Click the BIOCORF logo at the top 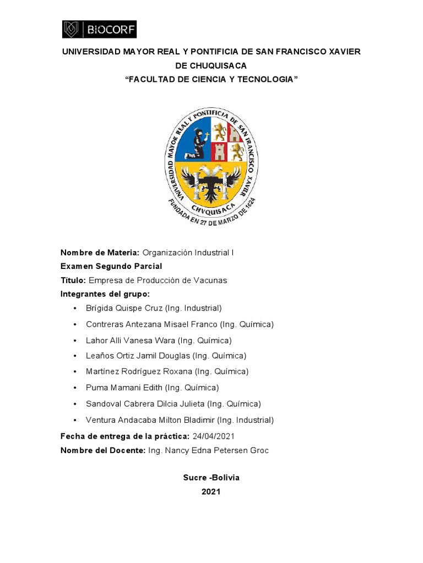(99, 29)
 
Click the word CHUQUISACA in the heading (211, 65)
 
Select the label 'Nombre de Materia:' (100, 252)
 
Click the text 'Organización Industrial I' (188, 252)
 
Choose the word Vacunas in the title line (212, 280)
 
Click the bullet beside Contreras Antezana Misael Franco (75, 324)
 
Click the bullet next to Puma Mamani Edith (75, 388)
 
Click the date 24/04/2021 (214, 436)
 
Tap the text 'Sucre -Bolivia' (211, 478)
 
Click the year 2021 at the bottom (211, 492)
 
